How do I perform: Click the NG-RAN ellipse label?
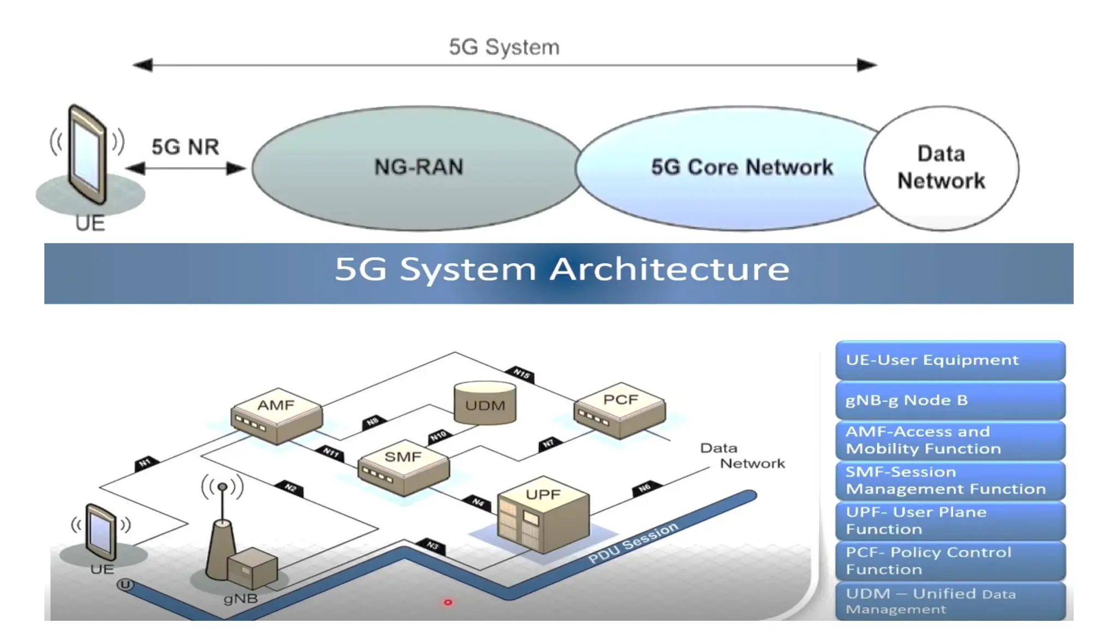coord(419,167)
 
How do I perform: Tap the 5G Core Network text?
coord(742,167)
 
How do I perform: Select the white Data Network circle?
coord(941,168)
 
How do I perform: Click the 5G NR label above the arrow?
coord(185,147)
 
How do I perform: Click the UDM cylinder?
coord(485,403)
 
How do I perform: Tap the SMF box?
coord(403,467)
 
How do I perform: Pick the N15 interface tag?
coord(521,374)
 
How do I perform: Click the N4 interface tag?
coord(478,502)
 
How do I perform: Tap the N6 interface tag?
coord(645,488)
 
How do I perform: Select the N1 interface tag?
coord(145,464)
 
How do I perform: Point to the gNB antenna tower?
coord(222,541)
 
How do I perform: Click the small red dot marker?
coord(448,602)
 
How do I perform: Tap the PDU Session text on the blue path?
coord(633,543)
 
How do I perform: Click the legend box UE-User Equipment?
coord(950,360)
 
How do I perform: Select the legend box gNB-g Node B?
coord(950,400)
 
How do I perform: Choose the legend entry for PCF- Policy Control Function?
coord(950,561)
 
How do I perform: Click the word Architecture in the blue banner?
coord(669,269)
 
